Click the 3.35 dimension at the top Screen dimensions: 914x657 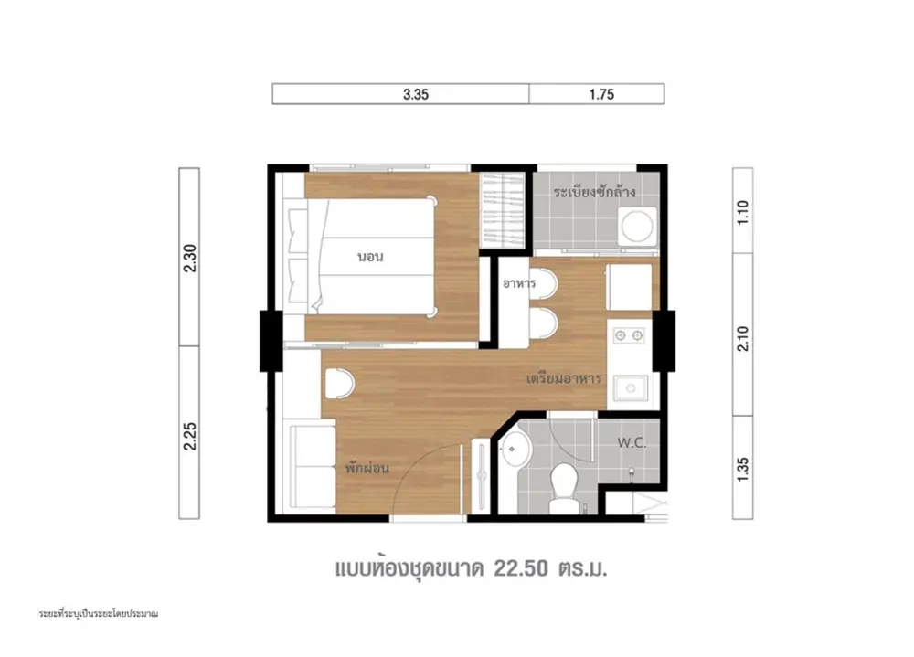point(416,94)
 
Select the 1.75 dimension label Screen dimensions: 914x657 point(601,94)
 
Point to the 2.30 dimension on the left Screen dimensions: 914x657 point(190,259)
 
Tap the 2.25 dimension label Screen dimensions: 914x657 point(190,436)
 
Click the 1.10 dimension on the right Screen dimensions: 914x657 point(742,213)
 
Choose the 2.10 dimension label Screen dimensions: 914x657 point(742,338)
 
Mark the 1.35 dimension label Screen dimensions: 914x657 point(742,470)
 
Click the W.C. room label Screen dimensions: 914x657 point(632,443)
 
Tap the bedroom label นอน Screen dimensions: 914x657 point(371,257)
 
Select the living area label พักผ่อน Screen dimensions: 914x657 point(367,468)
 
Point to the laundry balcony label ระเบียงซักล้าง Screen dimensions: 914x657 point(595,192)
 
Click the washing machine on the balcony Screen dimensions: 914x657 point(636,226)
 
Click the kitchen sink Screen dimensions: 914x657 point(630,389)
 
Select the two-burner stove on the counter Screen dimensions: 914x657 point(629,335)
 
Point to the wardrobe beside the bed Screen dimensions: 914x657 point(501,210)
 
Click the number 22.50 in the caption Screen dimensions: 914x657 point(521,568)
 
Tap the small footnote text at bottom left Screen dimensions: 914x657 point(99,614)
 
